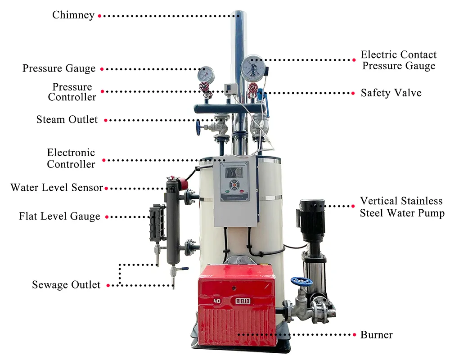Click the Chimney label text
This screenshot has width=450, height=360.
pos(73,15)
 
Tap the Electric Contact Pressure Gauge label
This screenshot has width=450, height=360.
pos(399,60)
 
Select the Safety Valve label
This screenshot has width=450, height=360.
pos(391,93)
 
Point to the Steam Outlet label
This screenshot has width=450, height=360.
pos(67,120)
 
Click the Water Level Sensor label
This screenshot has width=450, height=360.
pos(57,187)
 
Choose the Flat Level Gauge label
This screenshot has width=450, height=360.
pos(59,216)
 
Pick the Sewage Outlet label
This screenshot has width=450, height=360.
pos(66,285)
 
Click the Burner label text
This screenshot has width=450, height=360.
pos(377,335)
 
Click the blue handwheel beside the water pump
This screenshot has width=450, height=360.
pos(301,282)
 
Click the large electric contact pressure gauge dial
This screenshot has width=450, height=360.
pos(252,67)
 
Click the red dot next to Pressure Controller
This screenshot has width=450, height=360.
pos(102,91)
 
